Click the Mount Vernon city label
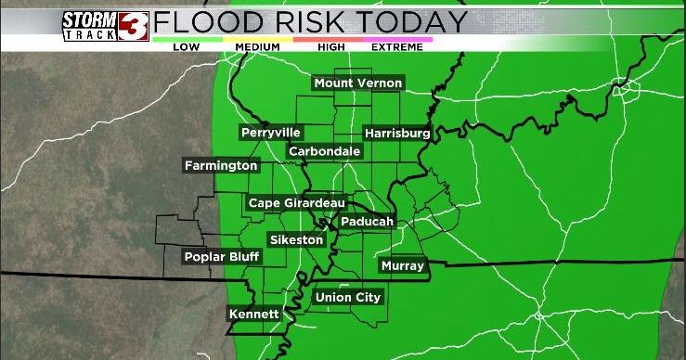(x=357, y=84)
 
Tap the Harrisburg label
(x=396, y=134)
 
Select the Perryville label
(x=270, y=133)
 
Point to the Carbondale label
(x=324, y=151)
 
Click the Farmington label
(x=220, y=166)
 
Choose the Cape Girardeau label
(x=296, y=203)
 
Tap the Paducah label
(x=367, y=222)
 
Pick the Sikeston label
(x=296, y=240)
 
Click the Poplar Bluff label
(x=221, y=257)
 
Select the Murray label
(x=403, y=266)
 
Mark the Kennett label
(x=253, y=315)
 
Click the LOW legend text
(x=186, y=46)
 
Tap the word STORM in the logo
(x=90, y=19)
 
